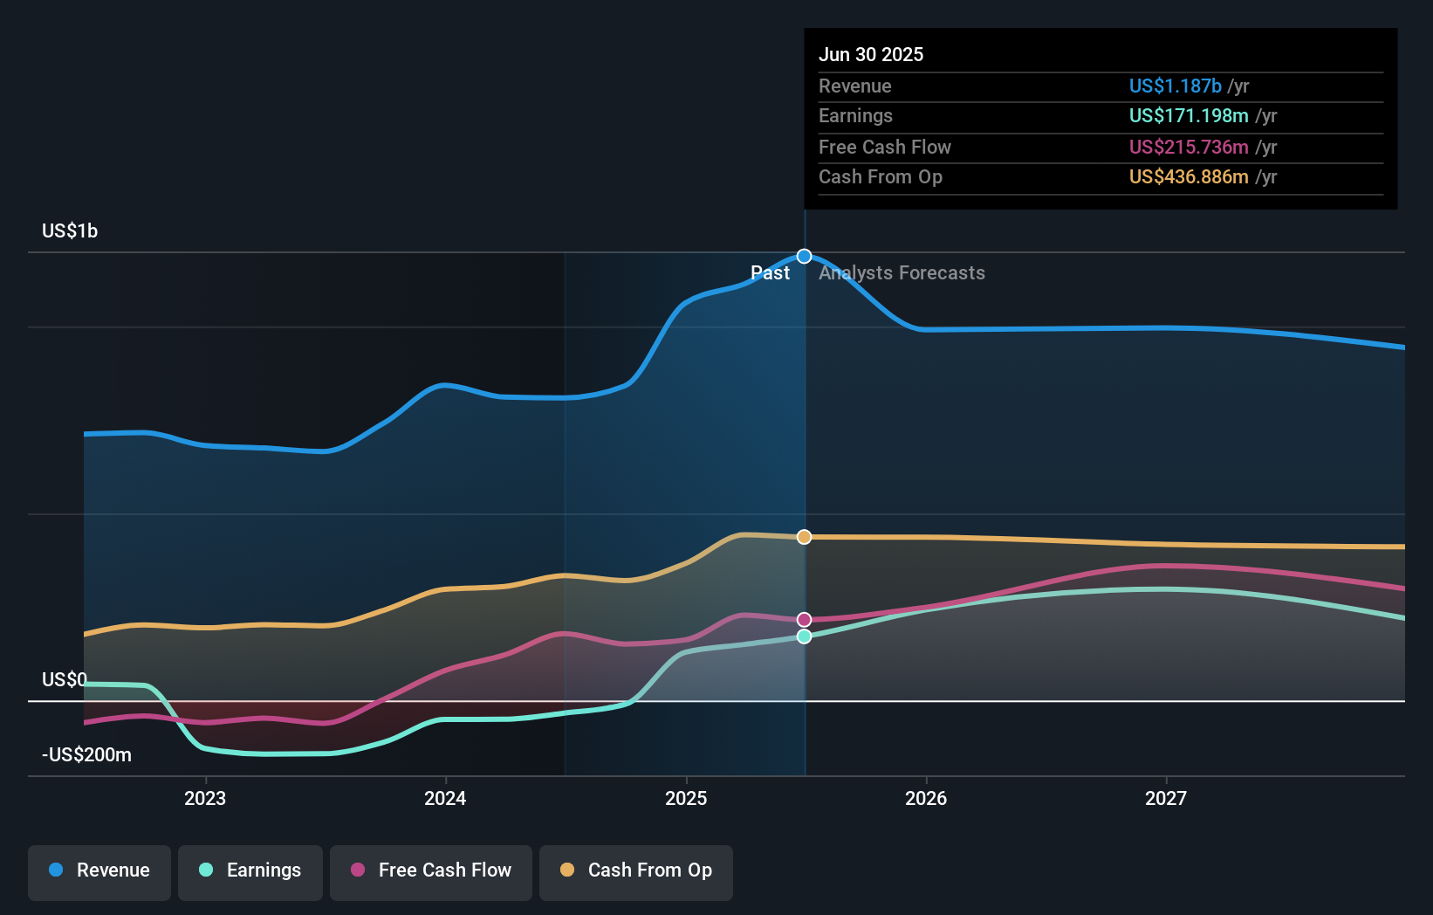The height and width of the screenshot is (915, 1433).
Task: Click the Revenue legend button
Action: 99,870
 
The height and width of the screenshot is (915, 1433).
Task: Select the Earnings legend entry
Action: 250,870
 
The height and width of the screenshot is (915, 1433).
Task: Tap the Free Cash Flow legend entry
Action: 431,870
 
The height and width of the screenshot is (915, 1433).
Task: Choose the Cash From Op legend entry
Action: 636,870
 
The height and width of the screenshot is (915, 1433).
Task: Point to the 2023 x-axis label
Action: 205,798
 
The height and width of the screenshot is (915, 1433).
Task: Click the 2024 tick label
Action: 445,798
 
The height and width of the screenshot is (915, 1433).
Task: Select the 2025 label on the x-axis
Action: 686,798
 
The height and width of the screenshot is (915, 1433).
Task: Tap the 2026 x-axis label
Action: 926,798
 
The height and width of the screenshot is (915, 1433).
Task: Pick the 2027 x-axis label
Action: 1166,798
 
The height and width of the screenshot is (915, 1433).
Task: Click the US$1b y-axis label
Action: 70,231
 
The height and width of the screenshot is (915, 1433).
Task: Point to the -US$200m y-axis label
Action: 86,755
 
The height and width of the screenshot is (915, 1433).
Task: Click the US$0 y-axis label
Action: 65,679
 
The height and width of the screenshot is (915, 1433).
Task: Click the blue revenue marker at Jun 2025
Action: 805,257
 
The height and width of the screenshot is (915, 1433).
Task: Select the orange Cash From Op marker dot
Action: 805,537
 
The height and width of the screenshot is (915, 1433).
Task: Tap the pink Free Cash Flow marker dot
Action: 805,620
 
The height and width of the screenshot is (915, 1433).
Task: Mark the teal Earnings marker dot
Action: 805,636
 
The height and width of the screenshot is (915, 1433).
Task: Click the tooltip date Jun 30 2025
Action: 871,54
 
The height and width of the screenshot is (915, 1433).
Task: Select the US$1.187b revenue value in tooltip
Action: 1175,86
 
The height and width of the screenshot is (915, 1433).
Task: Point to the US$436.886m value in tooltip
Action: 1189,177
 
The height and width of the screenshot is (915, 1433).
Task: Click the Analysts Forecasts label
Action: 902,273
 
